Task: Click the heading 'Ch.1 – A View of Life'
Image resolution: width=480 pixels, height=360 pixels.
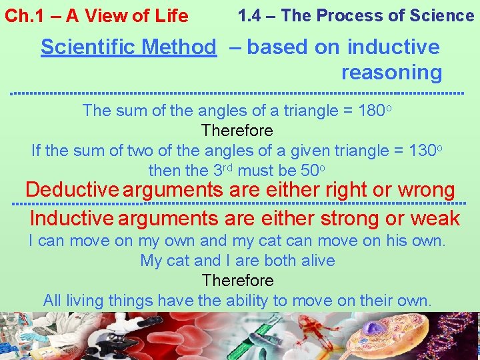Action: (x=97, y=16)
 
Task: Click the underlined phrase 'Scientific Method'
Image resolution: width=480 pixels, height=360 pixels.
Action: (x=128, y=47)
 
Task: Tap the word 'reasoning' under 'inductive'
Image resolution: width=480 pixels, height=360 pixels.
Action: (x=391, y=72)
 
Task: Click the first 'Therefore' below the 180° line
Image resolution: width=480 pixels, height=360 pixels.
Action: (x=237, y=130)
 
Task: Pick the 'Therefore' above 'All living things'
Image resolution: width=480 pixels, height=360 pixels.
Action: (x=237, y=280)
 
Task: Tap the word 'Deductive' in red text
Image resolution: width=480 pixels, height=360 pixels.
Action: (x=72, y=190)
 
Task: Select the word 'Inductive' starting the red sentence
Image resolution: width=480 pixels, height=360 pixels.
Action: (x=72, y=219)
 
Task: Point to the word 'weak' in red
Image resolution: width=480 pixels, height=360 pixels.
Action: (x=435, y=219)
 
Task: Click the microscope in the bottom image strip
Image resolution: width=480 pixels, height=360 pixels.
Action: (x=127, y=337)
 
